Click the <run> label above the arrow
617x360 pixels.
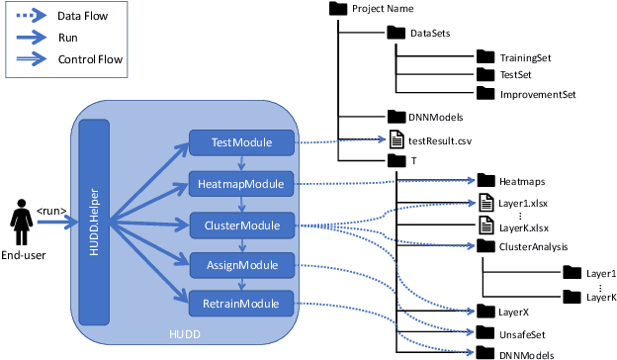coord(52,210)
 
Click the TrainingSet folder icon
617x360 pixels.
coord(485,57)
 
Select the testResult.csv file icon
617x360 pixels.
coord(396,140)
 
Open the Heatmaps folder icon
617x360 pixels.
coord(485,181)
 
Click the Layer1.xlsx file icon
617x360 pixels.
coord(485,203)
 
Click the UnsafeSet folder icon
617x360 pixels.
coord(485,332)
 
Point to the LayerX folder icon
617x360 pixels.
coord(485,311)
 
